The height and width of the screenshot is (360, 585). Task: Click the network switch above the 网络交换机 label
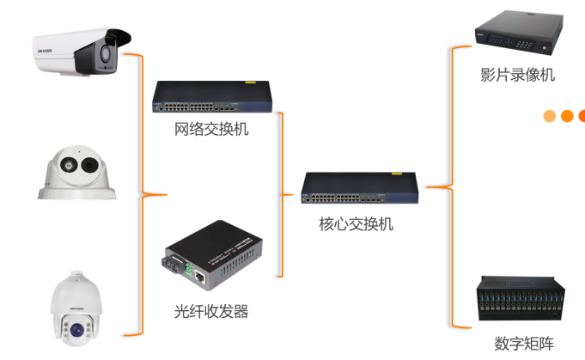point(212,98)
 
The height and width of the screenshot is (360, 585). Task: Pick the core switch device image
point(362,190)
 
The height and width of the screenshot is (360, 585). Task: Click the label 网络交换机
point(211,130)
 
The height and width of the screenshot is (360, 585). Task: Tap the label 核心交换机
point(356,224)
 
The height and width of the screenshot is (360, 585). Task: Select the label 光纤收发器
point(211,310)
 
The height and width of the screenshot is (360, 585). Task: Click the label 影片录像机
point(518,75)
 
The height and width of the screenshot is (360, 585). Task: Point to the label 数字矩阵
point(522,343)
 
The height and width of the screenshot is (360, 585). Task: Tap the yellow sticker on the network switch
point(251,84)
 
